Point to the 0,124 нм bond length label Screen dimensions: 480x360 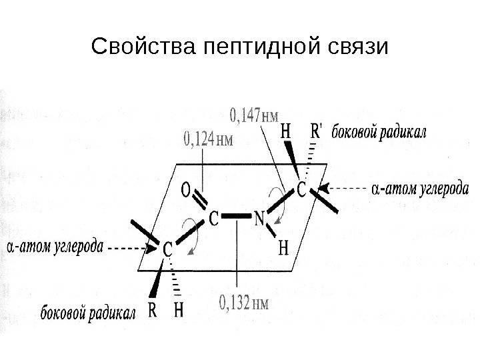[x=208, y=141]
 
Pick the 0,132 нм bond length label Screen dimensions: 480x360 [x=245, y=303]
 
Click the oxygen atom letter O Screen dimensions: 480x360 [x=188, y=191]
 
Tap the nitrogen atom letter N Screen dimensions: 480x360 [x=261, y=217]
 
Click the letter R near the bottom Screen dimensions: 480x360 [x=152, y=310]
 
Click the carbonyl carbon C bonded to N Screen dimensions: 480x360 [x=213, y=217]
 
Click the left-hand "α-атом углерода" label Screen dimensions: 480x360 [x=55, y=247]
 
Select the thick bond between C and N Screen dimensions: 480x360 [x=237, y=217]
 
